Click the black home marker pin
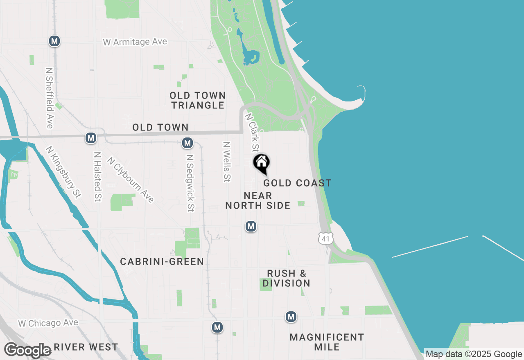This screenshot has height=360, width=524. (261, 163)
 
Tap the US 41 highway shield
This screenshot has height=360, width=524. (325, 238)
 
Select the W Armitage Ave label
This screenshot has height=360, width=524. (135, 42)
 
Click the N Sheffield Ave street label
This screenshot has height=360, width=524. (50, 98)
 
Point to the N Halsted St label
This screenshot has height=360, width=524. (97, 176)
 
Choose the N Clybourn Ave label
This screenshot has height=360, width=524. (131, 180)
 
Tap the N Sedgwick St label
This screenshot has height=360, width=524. (190, 183)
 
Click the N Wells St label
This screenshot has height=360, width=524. (226, 162)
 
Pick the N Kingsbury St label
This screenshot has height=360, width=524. (63, 172)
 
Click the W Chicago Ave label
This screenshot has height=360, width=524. (48, 323)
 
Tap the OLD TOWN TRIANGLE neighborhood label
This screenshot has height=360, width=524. (198, 100)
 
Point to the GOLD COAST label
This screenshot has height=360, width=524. (297, 183)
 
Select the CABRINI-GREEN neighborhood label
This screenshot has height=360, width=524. (162, 261)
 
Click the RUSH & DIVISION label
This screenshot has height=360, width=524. (287, 278)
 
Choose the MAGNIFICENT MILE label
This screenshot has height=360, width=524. (327, 342)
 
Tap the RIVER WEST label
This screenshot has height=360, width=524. (86, 347)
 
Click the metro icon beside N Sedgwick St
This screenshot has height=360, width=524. (187, 143)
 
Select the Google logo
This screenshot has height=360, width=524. (28, 350)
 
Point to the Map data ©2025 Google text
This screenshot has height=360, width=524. (474, 354)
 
